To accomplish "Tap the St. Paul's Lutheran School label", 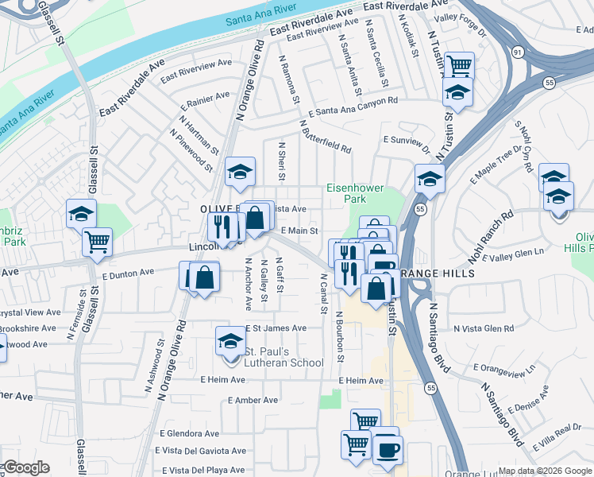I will (x=283, y=358).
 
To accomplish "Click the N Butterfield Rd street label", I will (x=326, y=136).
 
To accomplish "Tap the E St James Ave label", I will (x=276, y=328).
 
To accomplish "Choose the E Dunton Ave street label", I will (x=128, y=272).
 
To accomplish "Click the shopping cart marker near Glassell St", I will (x=97, y=241).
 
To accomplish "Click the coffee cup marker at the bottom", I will (x=388, y=449).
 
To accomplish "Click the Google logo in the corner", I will (x=25, y=467).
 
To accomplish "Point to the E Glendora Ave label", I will (x=189, y=434).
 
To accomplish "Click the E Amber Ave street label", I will (x=253, y=401).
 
